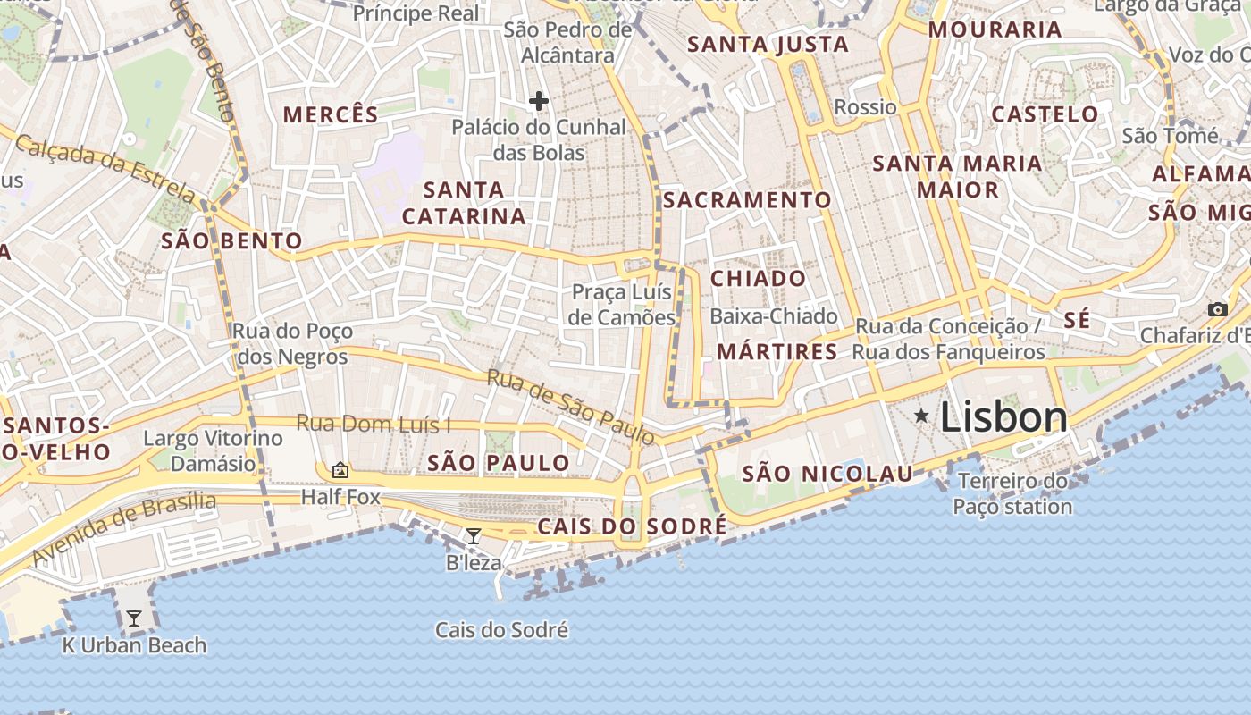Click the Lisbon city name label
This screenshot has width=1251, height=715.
pyautogui.click(x=1003, y=417)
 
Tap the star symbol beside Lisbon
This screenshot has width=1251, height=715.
pyautogui.click(x=921, y=416)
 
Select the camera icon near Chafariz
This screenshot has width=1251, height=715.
pyautogui.click(x=1217, y=309)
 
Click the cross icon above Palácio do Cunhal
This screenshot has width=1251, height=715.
pyautogui.click(x=538, y=101)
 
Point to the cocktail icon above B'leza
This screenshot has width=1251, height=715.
pyautogui.click(x=474, y=536)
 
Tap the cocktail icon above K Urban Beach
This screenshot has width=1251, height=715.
pyautogui.click(x=134, y=618)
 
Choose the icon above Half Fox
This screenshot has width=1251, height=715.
pyautogui.click(x=340, y=470)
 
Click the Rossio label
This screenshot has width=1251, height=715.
pyautogui.click(x=865, y=107)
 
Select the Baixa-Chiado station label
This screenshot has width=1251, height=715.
pyautogui.click(x=773, y=315)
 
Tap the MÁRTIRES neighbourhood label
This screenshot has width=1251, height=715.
pyautogui.click(x=777, y=351)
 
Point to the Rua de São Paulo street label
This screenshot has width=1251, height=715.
pyautogui.click(x=571, y=407)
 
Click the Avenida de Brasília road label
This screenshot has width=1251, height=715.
pyautogui.click(x=124, y=529)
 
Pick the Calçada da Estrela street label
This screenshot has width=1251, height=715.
pyautogui.click(x=105, y=166)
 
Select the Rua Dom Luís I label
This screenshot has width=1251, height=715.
pyautogui.click(x=374, y=424)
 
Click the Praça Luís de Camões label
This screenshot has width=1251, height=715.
pyautogui.click(x=624, y=305)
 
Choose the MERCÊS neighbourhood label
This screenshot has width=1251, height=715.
pyautogui.click(x=331, y=114)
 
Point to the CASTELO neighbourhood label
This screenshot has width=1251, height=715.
pyautogui.click(x=1045, y=114)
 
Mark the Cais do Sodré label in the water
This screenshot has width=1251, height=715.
pyautogui.click(x=501, y=630)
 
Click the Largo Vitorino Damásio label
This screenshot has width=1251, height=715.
pyautogui.click(x=213, y=450)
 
